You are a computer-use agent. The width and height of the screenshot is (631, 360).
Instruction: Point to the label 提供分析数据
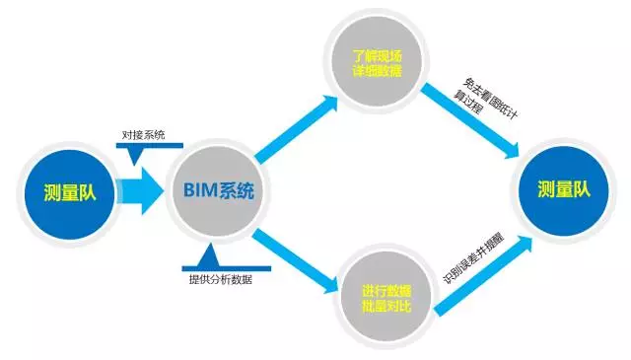(x=222, y=278)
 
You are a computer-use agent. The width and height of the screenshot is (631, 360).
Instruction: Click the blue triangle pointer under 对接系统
(x=135, y=154)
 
